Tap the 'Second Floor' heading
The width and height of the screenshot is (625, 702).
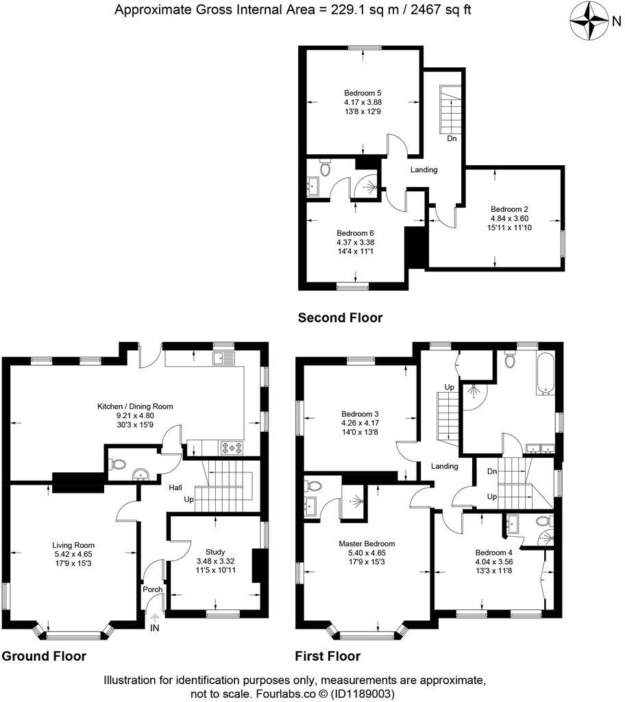pos(340,317)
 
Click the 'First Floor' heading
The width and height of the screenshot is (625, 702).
pos(328,656)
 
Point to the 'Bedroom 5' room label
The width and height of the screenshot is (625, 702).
pos(363,93)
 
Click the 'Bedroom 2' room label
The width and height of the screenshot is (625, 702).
pos(509,209)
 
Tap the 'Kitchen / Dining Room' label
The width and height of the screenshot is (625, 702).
pos(134,406)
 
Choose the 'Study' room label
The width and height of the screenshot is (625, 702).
pos(215,551)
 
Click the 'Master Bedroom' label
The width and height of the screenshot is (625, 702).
pos(367,544)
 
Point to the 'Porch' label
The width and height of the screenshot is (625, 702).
pos(152,590)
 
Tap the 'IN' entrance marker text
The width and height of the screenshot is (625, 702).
pos(155,627)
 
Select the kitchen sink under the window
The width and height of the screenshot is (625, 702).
pos(223,357)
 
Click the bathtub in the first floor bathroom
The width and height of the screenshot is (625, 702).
pos(547,375)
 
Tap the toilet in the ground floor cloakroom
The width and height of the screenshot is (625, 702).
pos(118,464)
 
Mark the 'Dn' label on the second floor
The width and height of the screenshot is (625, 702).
pos(452,138)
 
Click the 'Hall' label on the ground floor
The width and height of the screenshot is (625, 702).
pos(175,487)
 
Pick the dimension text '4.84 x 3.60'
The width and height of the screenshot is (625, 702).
pos(509,219)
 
